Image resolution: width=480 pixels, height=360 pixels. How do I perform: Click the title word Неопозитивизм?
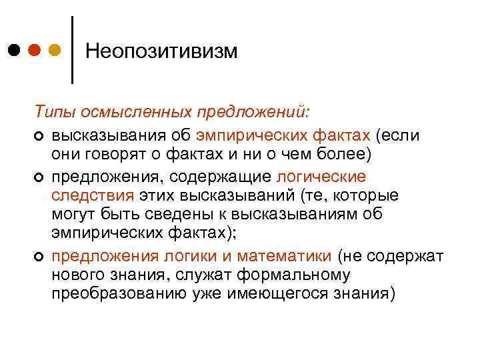coord(162,51)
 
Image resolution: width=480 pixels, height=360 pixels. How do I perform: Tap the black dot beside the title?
coord(14,50)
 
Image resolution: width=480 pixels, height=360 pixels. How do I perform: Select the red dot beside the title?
coord(35,50)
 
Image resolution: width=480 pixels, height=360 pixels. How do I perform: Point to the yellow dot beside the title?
coord(55,50)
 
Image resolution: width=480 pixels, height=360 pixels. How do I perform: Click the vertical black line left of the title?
coord(72,50)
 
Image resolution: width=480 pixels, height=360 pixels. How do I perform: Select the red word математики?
coord(290,257)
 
